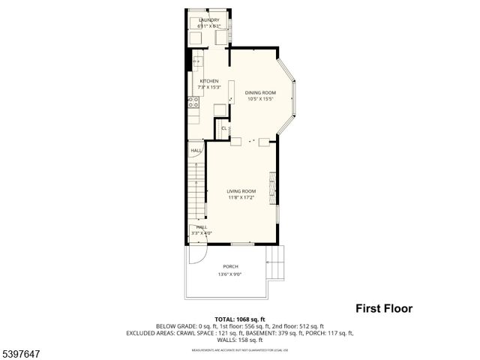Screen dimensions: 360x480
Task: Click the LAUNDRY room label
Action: tap(209, 20)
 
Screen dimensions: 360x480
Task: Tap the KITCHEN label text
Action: tap(208, 81)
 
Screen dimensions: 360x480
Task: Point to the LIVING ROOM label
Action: tap(241, 191)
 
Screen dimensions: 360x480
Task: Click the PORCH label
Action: tap(230, 267)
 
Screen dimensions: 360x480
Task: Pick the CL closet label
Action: tap(223, 128)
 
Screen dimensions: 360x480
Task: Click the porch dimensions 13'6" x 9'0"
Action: tap(230, 274)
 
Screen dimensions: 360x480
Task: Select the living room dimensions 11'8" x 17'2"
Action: tap(241, 198)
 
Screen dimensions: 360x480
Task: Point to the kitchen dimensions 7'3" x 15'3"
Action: tap(208, 87)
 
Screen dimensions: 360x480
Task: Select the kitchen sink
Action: tap(197, 62)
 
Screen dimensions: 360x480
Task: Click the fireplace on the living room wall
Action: tap(274, 184)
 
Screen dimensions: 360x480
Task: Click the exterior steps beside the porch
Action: tap(277, 264)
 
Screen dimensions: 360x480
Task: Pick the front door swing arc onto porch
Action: tap(196, 256)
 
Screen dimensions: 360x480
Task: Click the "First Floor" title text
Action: tap(383, 308)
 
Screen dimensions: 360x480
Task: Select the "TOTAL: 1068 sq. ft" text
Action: tap(239, 319)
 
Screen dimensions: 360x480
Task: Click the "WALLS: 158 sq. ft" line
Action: tap(239, 339)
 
